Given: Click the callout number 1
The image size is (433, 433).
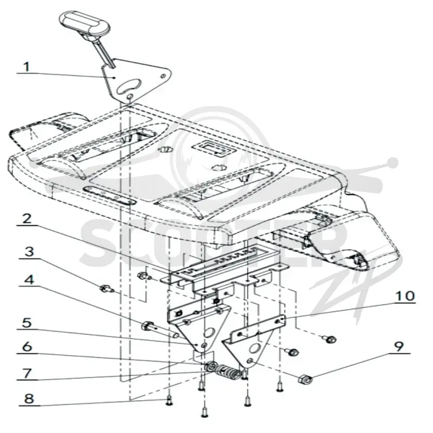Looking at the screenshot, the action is click(x=26, y=67).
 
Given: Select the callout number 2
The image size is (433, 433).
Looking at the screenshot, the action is click(x=27, y=219).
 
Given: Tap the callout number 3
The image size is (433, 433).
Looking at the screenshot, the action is click(x=29, y=252).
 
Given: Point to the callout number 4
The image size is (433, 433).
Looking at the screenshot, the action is click(x=29, y=280).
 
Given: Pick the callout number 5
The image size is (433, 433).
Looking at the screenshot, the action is click(x=27, y=323).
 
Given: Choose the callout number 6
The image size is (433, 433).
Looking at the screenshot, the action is click(x=27, y=347).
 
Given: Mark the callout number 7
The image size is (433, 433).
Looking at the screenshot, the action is click(x=27, y=373).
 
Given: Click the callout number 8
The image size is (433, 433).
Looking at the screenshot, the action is click(x=29, y=399).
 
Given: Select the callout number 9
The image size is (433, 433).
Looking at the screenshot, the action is click(x=398, y=346).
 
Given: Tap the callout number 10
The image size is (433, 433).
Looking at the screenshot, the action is click(x=405, y=296).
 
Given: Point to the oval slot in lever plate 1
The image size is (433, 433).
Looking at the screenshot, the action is click(x=129, y=86).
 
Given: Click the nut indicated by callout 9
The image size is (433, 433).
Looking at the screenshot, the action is click(x=305, y=379).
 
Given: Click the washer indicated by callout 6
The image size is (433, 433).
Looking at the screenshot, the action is click(x=211, y=368).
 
